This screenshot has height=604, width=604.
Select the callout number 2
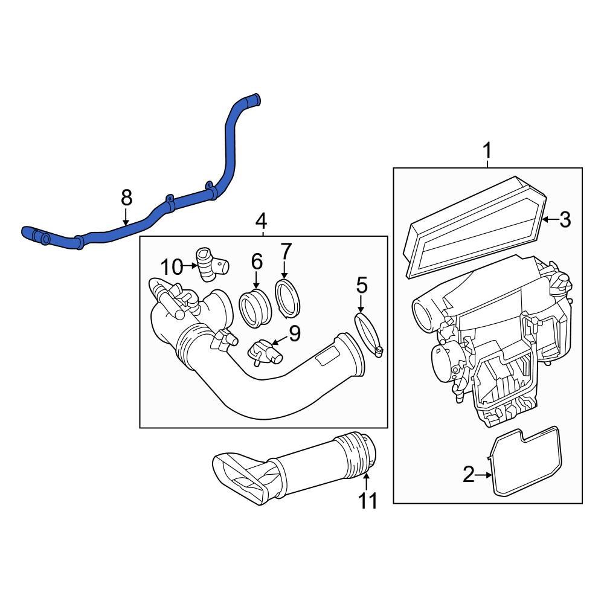[x=469, y=475]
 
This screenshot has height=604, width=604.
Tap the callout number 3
[x=564, y=220]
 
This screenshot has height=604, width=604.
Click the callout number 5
[x=361, y=284]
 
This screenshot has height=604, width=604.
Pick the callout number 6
[x=257, y=262]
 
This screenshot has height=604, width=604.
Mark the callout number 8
[x=126, y=197]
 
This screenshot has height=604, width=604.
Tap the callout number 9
[x=294, y=333]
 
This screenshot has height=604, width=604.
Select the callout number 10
[x=171, y=266]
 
